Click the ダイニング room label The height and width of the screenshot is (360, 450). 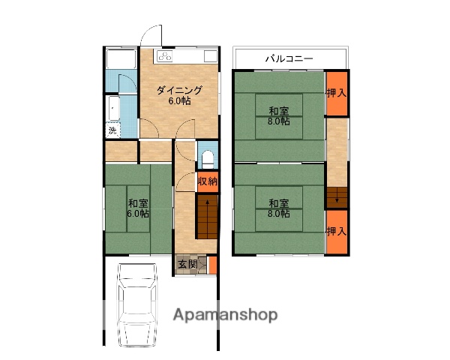(x=179, y=91)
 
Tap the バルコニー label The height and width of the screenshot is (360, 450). (x=289, y=58)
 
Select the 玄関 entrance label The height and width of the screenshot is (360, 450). (x=187, y=264)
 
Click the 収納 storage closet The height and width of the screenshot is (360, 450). (x=208, y=181)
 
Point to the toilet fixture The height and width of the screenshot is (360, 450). (x=208, y=159)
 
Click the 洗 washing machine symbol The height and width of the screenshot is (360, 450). (x=112, y=130)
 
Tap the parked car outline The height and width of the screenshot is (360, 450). (x=138, y=305)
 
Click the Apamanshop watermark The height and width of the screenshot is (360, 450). (x=225, y=315)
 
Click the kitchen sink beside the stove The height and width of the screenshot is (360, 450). (x=211, y=56)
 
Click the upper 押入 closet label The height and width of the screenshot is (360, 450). (x=337, y=93)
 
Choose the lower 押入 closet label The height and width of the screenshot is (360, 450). (x=337, y=232)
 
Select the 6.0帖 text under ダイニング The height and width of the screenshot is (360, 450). (x=179, y=101)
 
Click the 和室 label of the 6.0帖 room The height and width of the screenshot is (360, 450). (x=138, y=203)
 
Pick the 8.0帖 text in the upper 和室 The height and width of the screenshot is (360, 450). (x=279, y=121)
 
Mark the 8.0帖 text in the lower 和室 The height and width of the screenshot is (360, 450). (x=279, y=214)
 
